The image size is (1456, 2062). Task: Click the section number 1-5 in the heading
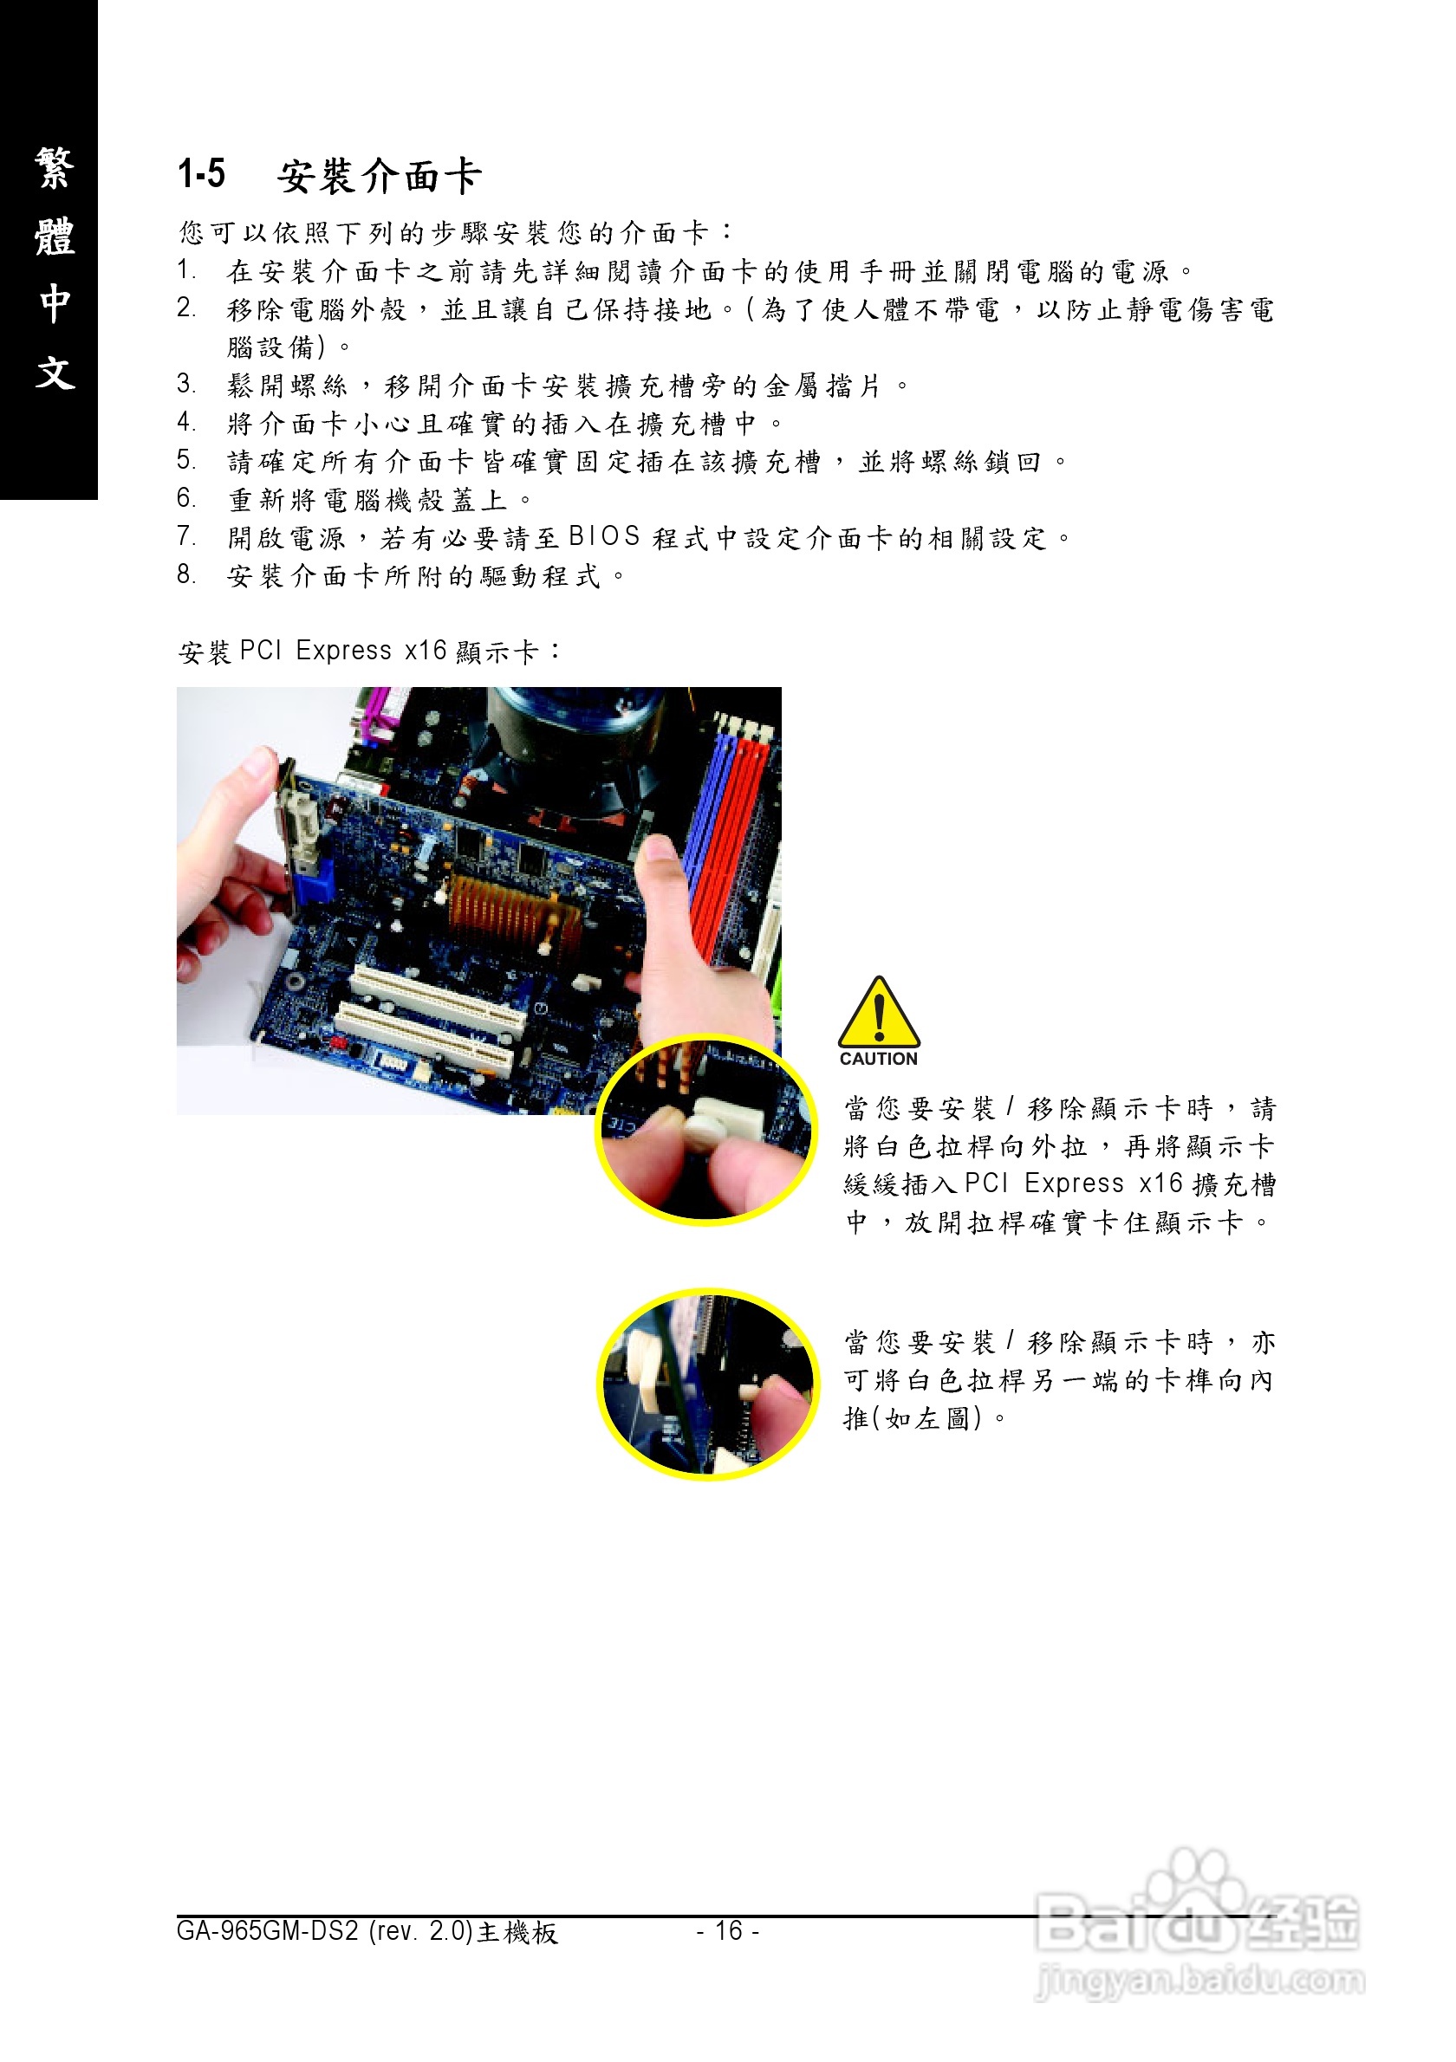click(201, 173)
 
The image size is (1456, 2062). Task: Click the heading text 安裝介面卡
click(379, 176)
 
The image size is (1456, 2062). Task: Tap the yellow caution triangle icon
click(879, 1013)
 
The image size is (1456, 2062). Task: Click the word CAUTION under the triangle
click(879, 1059)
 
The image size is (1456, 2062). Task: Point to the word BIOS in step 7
click(604, 536)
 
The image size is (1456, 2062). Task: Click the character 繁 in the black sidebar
click(54, 168)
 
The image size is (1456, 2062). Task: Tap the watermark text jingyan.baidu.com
click(1200, 1980)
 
